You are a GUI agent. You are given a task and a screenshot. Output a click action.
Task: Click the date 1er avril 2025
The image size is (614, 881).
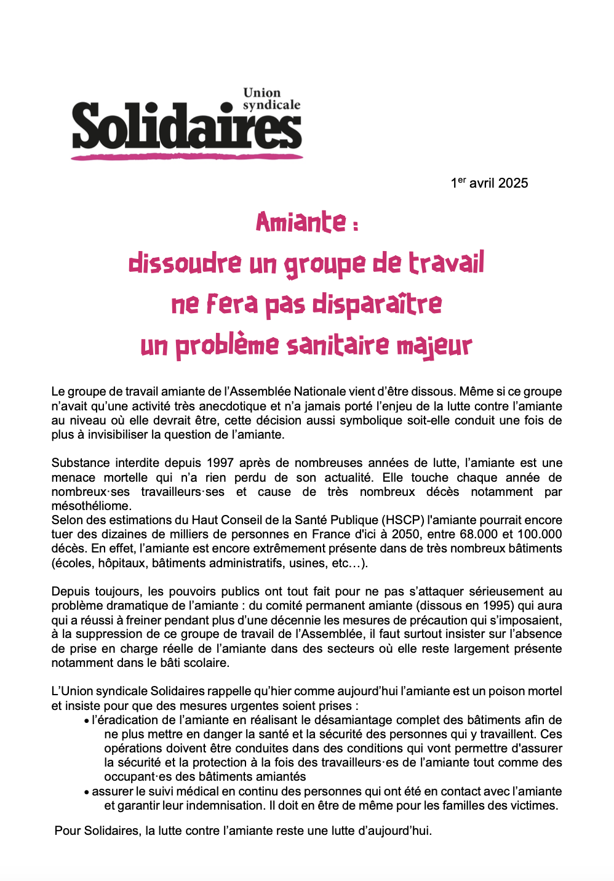click(489, 183)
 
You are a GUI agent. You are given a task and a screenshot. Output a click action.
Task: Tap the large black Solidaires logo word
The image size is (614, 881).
click(186, 126)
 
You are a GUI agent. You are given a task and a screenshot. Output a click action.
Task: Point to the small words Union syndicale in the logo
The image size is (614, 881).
click(271, 99)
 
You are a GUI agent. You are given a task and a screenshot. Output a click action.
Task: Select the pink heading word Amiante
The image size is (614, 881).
click(301, 222)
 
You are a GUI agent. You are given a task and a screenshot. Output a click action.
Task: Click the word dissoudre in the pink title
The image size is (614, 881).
click(185, 263)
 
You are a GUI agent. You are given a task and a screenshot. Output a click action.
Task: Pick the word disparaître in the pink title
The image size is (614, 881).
click(377, 304)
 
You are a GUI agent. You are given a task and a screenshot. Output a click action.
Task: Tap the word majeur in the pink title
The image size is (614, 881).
click(434, 346)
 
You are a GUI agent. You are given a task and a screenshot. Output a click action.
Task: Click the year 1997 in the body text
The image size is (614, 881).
click(220, 463)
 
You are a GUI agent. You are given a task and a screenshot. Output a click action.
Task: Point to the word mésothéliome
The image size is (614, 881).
click(91, 506)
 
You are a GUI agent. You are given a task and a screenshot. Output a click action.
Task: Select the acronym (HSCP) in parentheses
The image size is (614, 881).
click(404, 520)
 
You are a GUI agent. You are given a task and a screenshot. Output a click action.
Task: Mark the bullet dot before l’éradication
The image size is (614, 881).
click(87, 721)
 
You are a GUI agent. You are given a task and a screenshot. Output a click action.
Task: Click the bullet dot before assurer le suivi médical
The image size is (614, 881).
click(87, 792)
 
